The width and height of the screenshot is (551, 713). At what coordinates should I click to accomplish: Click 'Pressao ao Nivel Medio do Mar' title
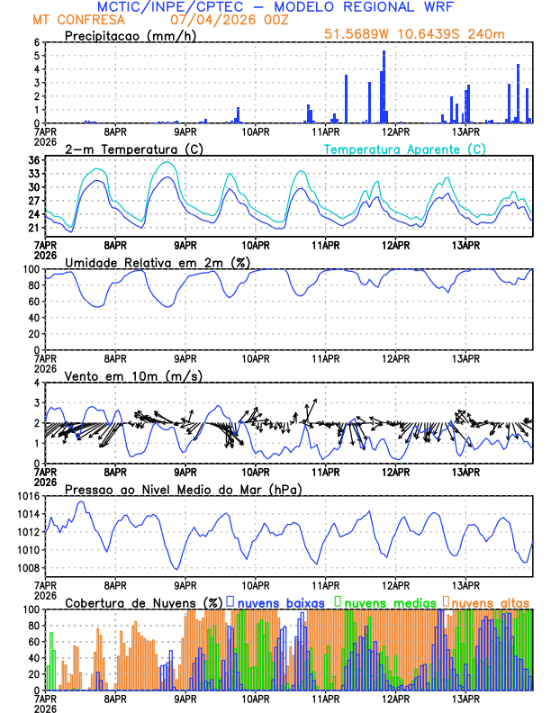(183, 489)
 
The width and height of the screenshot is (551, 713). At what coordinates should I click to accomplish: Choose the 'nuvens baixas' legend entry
(284, 601)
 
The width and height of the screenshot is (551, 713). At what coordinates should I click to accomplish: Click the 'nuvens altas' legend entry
(490, 601)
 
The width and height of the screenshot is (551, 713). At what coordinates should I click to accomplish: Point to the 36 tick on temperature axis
(32, 160)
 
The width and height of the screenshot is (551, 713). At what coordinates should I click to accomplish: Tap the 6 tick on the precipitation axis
(36, 42)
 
